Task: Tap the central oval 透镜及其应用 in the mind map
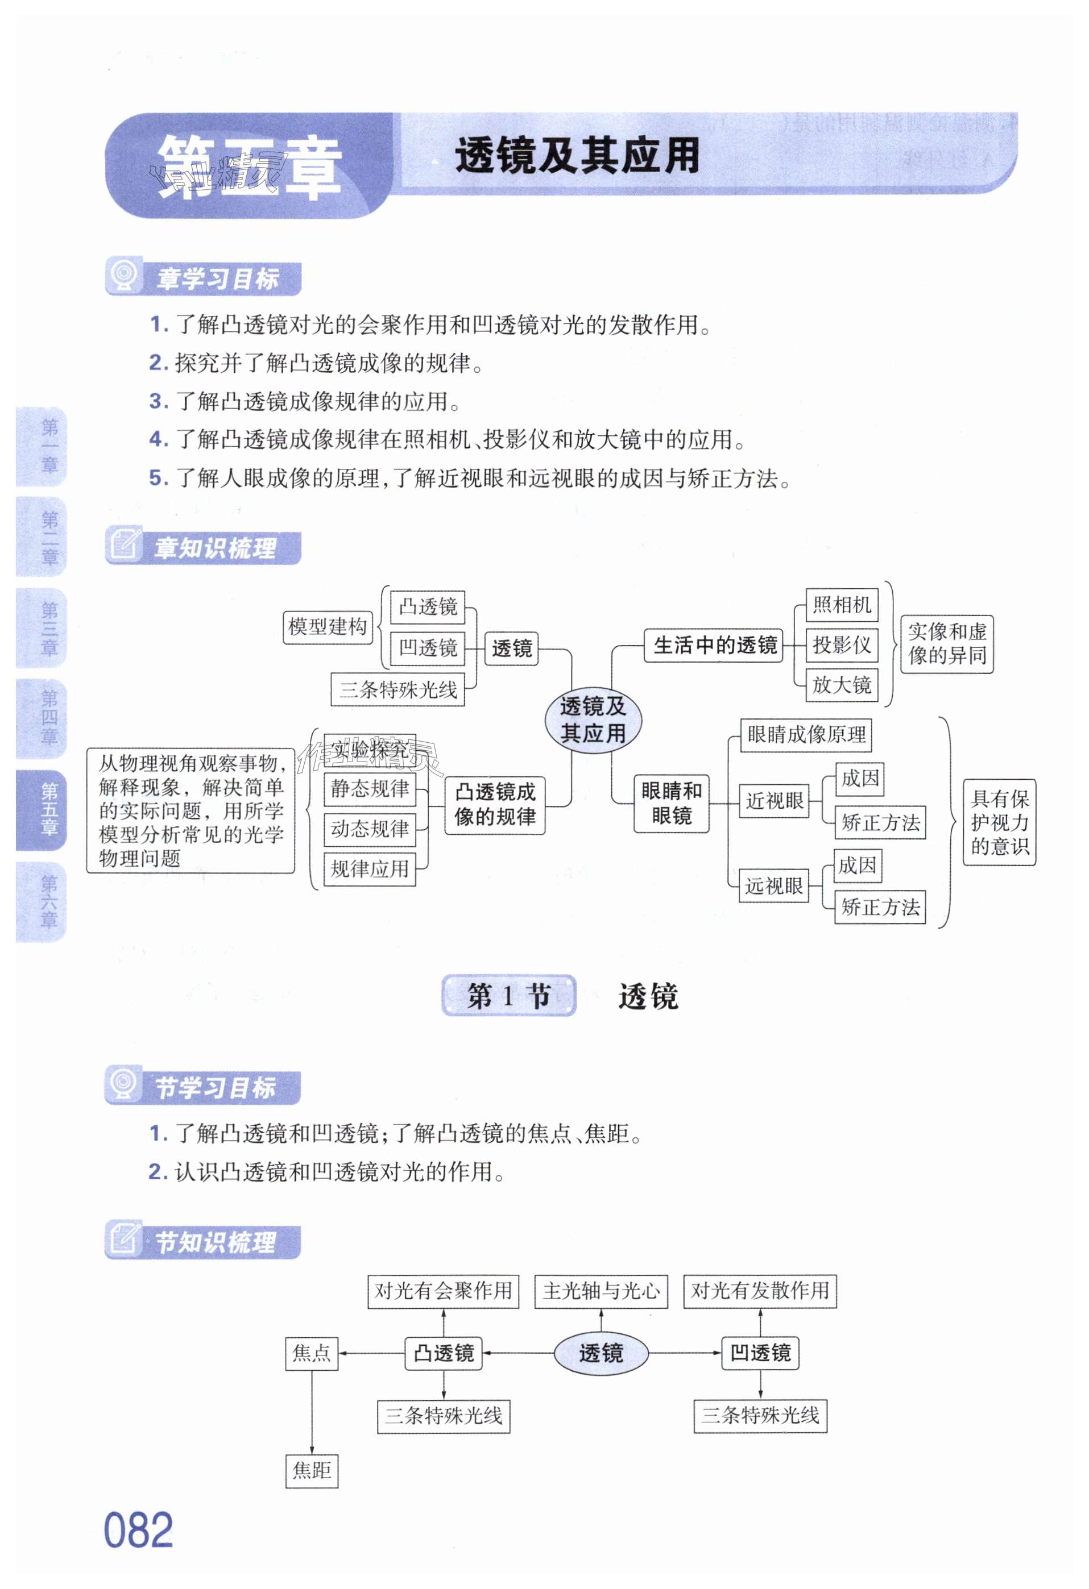tap(593, 719)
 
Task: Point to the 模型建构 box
tap(328, 627)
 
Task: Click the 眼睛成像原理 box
tap(805, 735)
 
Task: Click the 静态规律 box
tap(370, 789)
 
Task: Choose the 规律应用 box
tap(370, 869)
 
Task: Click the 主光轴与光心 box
tap(601, 1291)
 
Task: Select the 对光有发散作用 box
tap(759, 1291)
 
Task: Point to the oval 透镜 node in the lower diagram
tap(601, 1353)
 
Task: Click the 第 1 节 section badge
tap(508, 996)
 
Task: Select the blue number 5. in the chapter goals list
tap(158, 478)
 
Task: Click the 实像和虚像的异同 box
tap(946, 643)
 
